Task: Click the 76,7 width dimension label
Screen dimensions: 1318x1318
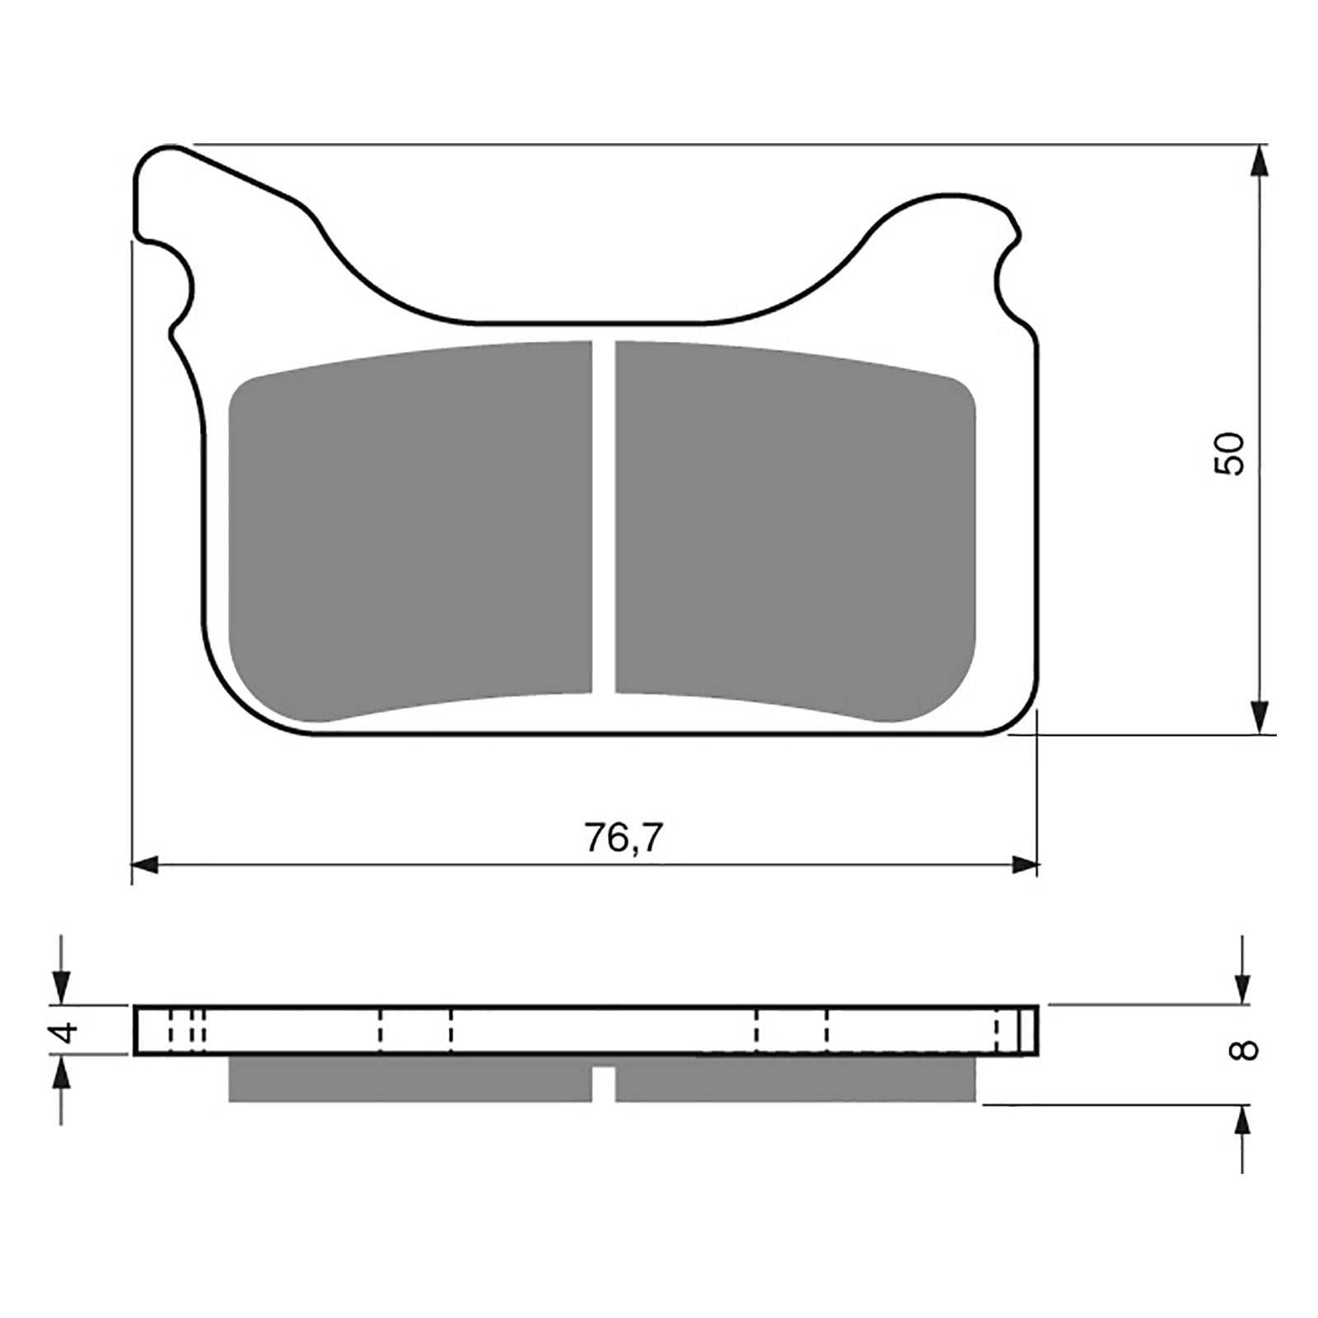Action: pos(624,839)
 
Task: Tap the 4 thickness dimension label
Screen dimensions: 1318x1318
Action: pos(66,1031)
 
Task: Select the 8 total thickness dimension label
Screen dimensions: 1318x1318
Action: pos(1246,1050)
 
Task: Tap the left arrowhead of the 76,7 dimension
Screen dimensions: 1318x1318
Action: pos(144,865)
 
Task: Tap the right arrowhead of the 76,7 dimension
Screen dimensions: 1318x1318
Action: pos(1025,865)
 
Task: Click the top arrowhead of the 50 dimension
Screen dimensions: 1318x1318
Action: pos(1259,161)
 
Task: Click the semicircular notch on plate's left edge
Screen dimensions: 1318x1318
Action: pos(183,288)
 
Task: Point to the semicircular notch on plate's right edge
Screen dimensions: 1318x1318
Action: pos(1007,276)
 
